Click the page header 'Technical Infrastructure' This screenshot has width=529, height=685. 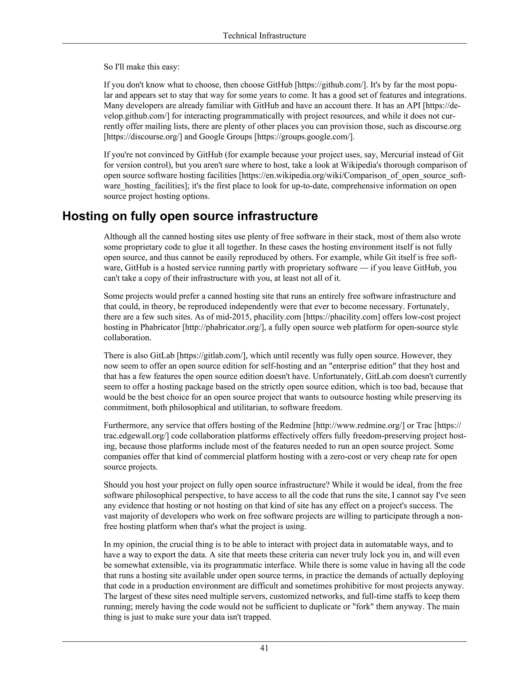pyautogui.click(x=264, y=36)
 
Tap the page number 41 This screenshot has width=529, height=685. pyautogui.click(x=264, y=648)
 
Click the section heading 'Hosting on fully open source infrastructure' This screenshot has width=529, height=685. pyautogui.click(x=190, y=216)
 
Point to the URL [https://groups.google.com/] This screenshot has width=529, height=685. pyautogui.click(x=304, y=137)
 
